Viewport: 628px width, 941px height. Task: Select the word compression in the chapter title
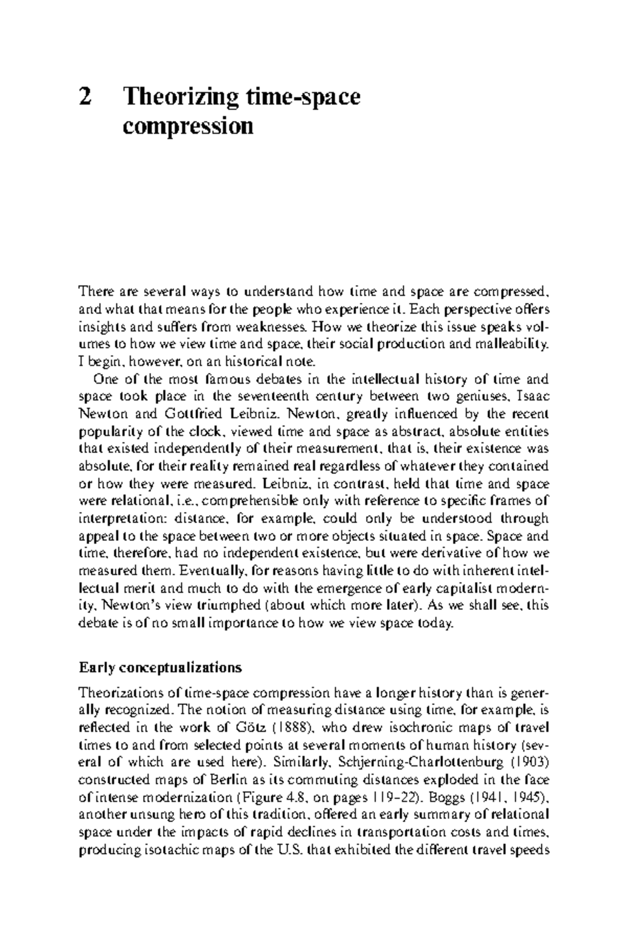(x=188, y=127)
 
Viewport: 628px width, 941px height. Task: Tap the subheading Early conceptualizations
(x=160, y=668)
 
